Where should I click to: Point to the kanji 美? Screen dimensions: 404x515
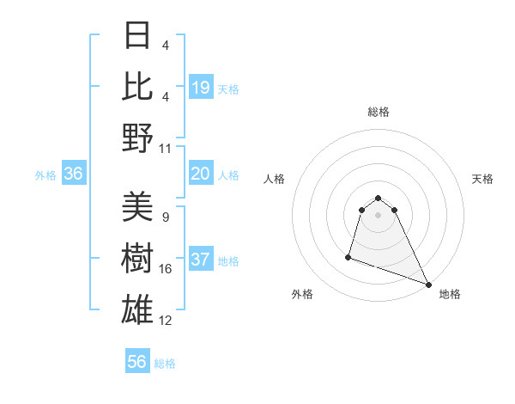pos(138,207)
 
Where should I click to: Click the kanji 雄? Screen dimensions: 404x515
pos(138,309)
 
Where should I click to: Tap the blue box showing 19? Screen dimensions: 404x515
pos(201,87)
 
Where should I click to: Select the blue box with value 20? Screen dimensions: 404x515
pos(201,174)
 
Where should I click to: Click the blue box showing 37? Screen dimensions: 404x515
pos(201,260)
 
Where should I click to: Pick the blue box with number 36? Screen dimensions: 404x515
pos(74,174)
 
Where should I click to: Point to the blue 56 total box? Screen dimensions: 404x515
pos(137,362)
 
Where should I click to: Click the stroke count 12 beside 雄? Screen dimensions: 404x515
pos(166,321)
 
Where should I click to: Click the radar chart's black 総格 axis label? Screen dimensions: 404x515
pos(379,113)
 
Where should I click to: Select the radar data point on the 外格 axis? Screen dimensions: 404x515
pos(348,256)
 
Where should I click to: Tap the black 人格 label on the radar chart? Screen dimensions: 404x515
pos(274,179)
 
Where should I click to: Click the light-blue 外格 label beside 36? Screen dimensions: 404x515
pos(45,175)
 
